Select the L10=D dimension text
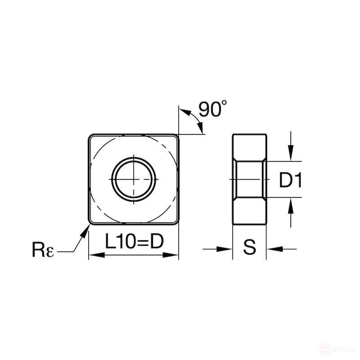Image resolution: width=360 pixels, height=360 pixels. coord(134,243)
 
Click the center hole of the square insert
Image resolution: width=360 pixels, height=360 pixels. coord(134,179)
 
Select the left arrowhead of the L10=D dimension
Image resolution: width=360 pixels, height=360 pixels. coord(94,255)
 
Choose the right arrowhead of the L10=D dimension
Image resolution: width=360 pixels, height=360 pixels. coord(174,255)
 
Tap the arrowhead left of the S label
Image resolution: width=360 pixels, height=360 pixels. coord(226,248)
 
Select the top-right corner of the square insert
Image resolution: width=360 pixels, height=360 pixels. coord(176,136)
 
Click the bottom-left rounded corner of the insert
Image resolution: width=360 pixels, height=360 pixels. coord(91,221)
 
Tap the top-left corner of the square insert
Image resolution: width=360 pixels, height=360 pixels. coord(91,136)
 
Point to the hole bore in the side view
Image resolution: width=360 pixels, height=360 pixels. coord(249,179)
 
